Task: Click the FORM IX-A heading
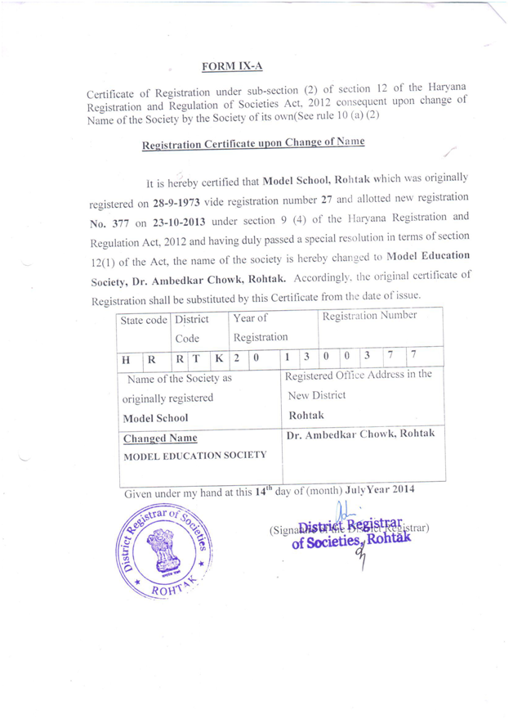232,65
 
